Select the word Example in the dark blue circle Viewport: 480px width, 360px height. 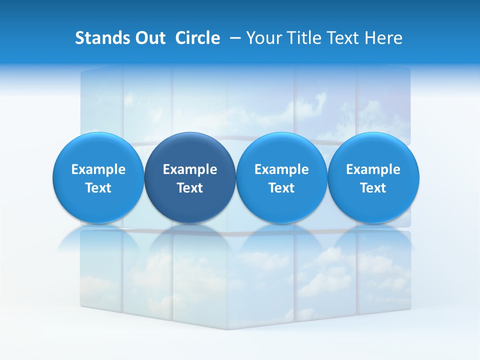(190, 169)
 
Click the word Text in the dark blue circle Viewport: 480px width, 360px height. (190, 188)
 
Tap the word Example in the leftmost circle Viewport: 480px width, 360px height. (98, 169)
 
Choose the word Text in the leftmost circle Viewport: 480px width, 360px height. (98, 188)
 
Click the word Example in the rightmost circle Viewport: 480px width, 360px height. (373, 169)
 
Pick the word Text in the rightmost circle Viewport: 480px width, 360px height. (373, 188)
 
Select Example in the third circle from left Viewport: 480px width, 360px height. (281, 169)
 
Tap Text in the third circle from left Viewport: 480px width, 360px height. (281, 188)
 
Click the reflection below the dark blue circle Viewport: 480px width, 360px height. (190, 240)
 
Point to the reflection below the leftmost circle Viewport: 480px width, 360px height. (98, 240)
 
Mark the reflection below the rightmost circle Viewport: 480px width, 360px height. (373, 240)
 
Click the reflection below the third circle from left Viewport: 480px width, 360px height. (281, 240)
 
